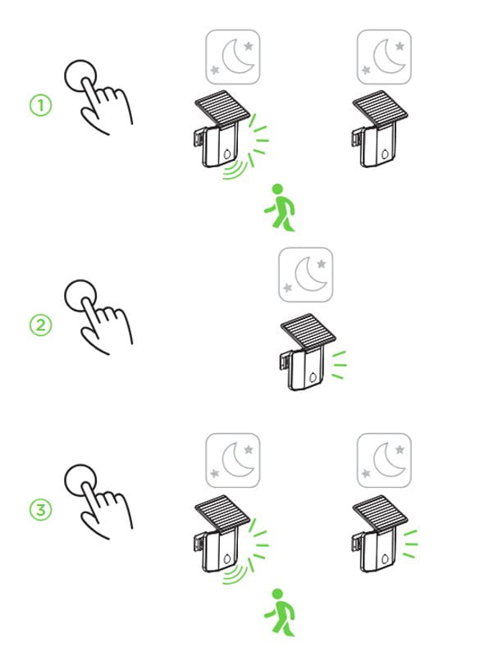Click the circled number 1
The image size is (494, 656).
tap(40, 105)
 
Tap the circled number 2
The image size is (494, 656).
tap(40, 325)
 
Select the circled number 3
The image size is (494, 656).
tap(40, 510)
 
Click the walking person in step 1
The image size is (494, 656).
tap(280, 207)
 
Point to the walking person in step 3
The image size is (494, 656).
tap(280, 613)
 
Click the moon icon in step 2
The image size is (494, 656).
tap(305, 275)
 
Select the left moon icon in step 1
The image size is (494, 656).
tap(233, 57)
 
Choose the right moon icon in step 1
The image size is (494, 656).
tap(384, 57)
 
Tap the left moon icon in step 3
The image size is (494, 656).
tap(233, 460)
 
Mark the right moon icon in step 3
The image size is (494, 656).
tap(384, 460)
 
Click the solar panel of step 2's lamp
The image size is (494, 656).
tap(308, 331)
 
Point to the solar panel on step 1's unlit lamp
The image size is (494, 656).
tap(380, 107)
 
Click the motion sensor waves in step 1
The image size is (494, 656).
tap(236, 170)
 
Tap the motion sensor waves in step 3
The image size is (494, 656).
tap(236, 573)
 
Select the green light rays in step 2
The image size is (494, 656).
tap(339, 365)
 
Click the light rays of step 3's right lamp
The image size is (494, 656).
tap(410, 544)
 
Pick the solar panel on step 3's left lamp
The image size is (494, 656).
tap(222, 513)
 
